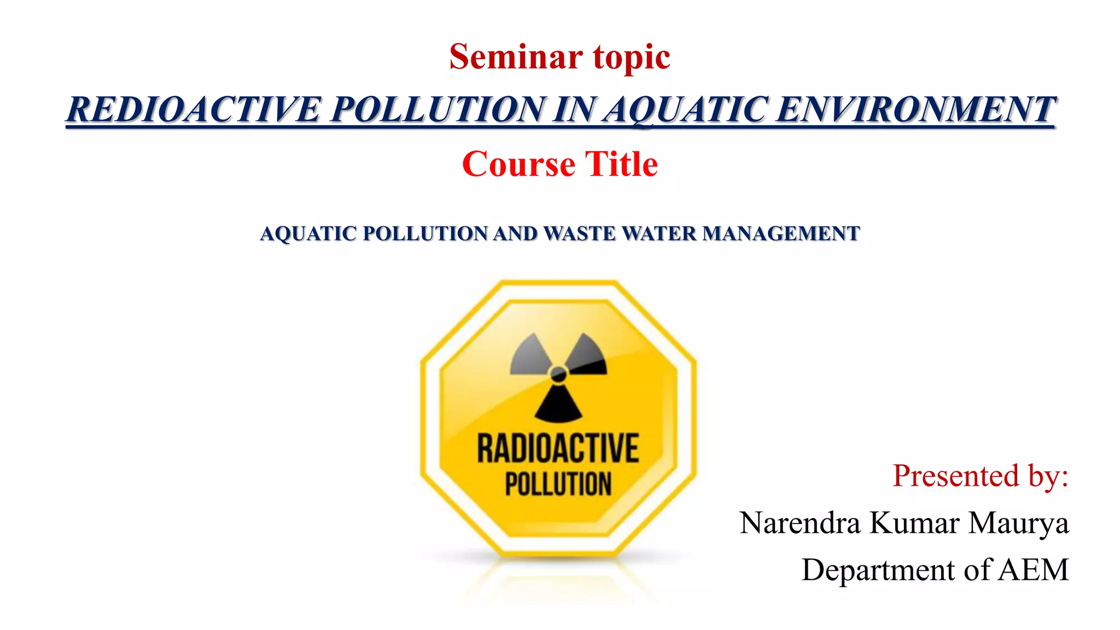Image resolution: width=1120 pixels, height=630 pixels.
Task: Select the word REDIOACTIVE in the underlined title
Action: pos(194,109)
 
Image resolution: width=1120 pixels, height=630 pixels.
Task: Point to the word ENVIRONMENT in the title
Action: pos(916,109)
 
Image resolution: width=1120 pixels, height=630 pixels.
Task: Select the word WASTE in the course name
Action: pos(580,234)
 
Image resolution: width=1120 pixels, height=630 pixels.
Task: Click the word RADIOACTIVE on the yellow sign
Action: pos(558,448)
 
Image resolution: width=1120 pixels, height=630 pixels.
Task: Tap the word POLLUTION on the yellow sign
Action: pos(558,484)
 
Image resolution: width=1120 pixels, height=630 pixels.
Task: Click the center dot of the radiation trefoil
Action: pos(558,375)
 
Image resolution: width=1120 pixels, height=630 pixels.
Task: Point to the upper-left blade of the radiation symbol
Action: pos(529,355)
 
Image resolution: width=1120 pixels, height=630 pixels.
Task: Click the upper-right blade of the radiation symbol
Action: pos(587,355)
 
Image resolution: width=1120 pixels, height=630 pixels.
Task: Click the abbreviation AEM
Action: pos(1033,570)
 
